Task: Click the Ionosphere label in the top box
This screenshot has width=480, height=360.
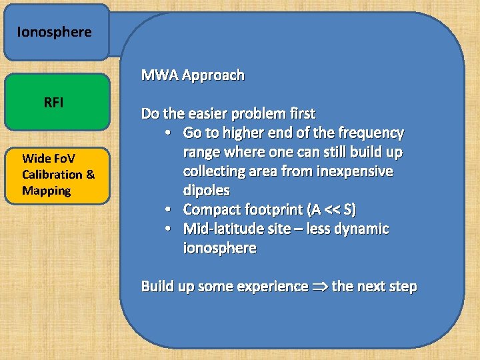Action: [54, 32]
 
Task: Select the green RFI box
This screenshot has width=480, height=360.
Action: [57, 102]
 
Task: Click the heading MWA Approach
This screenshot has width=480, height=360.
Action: [193, 75]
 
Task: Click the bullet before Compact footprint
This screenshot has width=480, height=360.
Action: [171, 210]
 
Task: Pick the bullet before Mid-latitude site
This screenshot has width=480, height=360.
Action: [171, 229]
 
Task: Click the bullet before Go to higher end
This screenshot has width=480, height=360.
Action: [171, 133]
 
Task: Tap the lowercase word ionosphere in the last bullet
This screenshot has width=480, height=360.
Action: [219, 249]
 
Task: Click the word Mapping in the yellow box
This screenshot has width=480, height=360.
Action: [46, 191]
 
